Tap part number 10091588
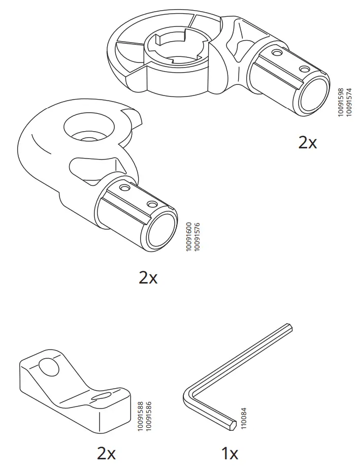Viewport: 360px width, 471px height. [x=141, y=416]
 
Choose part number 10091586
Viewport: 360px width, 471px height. [x=148, y=416]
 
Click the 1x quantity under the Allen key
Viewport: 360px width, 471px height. [x=230, y=453]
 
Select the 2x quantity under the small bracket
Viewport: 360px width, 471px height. [x=106, y=453]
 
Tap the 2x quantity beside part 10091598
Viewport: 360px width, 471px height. [x=307, y=143]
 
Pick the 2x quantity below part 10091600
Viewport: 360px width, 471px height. [x=148, y=278]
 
